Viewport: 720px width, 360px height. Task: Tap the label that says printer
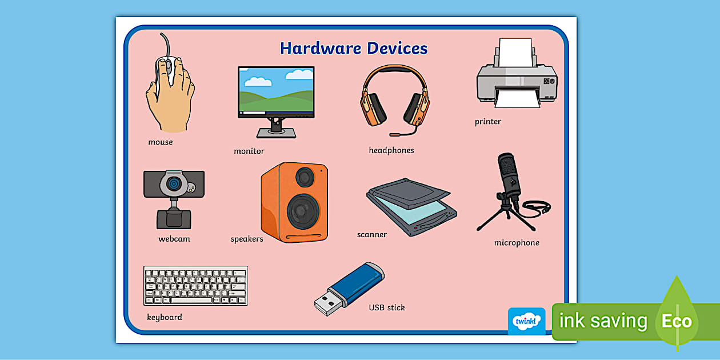[487, 122]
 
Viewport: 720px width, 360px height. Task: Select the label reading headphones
[391, 150]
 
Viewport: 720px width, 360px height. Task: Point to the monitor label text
[249, 151]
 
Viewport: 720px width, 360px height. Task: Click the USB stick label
[386, 307]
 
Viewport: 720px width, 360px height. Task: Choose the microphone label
[516, 243]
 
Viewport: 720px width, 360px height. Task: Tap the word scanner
[371, 235]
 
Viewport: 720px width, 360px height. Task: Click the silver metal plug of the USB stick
[327, 303]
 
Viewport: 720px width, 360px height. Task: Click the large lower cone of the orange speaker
[303, 211]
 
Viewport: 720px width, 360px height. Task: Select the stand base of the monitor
[276, 133]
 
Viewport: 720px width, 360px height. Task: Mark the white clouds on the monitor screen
[298, 74]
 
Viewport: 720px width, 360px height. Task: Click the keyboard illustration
[195, 286]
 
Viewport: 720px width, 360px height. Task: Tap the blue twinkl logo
[526, 321]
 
